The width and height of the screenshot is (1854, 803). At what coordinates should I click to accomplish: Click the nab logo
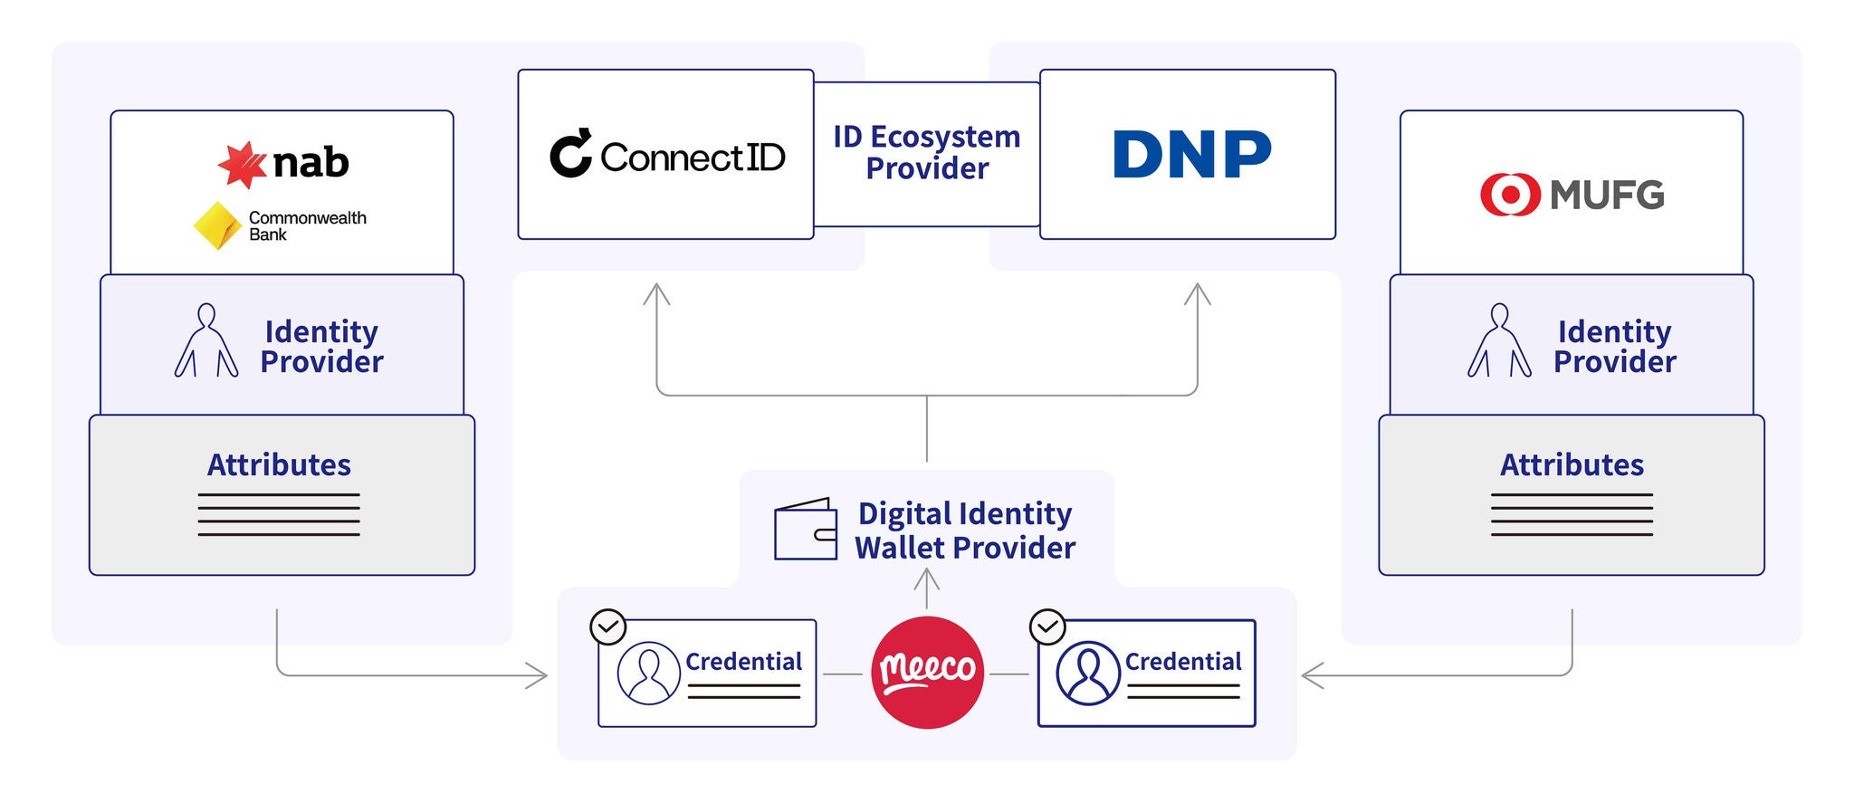point(284,164)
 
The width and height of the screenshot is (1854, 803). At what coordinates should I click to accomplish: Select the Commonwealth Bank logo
point(281,225)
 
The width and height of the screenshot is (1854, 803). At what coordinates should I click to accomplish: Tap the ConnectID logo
point(667,156)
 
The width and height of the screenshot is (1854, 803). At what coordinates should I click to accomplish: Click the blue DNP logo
point(1190,154)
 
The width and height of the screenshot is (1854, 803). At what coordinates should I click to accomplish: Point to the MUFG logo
point(1572,195)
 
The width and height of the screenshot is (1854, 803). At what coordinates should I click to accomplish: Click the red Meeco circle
point(927,672)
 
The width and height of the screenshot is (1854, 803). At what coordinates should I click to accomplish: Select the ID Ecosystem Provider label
point(927,153)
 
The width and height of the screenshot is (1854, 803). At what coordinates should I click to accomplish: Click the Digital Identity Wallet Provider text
point(965,531)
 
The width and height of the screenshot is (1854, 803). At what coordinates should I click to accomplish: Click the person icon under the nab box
point(206,340)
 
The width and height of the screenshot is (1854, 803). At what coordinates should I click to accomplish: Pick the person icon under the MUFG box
point(1499,340)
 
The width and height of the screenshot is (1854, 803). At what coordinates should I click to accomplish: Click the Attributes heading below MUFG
point(1572,465)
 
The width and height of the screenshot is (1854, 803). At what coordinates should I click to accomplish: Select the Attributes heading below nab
point(279,465)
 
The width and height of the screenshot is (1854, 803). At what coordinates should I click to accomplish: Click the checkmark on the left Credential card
point(608,626)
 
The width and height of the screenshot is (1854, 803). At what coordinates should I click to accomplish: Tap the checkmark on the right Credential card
point(1047,626)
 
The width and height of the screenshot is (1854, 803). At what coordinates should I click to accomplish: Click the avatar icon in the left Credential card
point(648,673)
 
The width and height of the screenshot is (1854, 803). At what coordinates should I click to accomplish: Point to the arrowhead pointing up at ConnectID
point(656,293)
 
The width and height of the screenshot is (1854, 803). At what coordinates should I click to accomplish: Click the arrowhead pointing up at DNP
point(1198,293)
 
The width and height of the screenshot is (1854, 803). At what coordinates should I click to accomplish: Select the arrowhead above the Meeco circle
point(927,577)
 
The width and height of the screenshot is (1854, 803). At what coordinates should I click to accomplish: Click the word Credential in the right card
point(1182,662)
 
